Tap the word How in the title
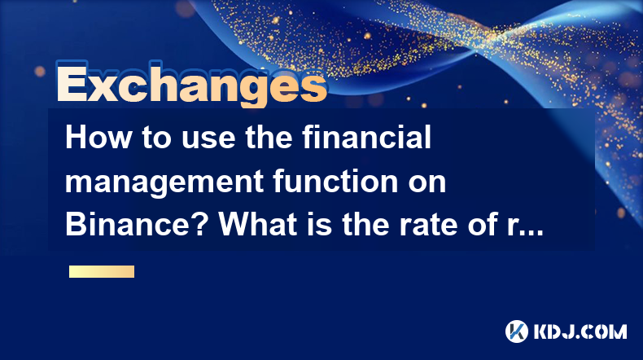tap(98, 138)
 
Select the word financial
tap(367, 137)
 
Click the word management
tap(164, 182)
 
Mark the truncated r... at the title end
tap(525, 226)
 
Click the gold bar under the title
tap(102, 271)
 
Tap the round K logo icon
tap(517, 331)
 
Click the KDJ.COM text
tap(580, 331)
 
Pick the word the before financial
tap(269, 138)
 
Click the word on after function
tap(427, 184)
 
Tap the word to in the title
tap(156, 138)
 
